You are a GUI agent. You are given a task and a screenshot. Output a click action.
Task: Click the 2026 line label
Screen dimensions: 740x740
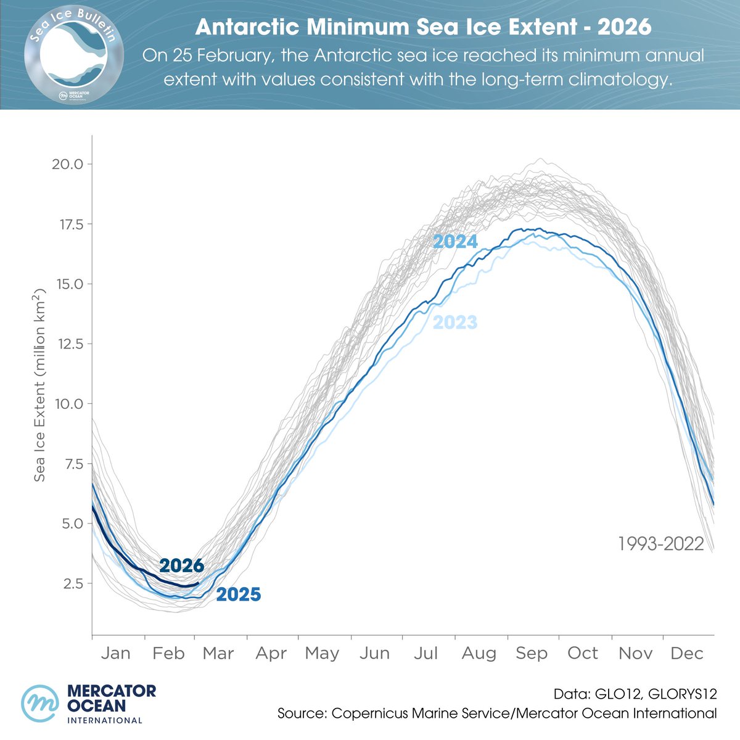[181, 565]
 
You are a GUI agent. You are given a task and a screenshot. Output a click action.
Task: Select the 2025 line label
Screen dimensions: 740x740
[239, 595]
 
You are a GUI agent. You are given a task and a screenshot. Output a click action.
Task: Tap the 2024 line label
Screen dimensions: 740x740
[455, 242]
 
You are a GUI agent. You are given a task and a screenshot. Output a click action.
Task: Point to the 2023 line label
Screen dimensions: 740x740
[455, 322]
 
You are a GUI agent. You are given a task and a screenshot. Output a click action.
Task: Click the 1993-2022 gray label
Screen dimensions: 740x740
[660, 544]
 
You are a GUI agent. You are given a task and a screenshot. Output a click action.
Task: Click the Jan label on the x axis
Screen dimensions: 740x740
[115, 653]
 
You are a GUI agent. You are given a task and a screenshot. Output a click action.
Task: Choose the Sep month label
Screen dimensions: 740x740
[532, 653]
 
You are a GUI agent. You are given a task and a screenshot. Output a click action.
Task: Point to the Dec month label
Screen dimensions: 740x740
[686, 653]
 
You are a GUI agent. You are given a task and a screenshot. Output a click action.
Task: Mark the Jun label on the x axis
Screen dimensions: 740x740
[374, 653]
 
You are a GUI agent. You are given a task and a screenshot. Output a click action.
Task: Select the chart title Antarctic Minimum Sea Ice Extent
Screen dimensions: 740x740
[423, 27]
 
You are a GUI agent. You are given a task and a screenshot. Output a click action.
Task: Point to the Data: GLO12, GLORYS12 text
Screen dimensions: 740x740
[635, 694]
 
